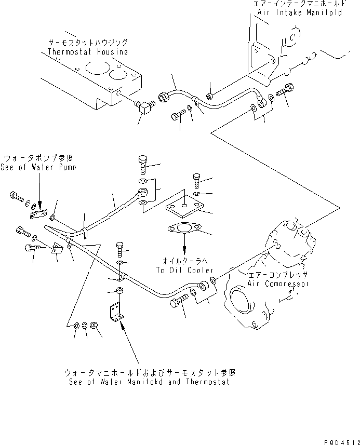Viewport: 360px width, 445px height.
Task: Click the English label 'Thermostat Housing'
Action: pyautogui.click(x=87, y=52)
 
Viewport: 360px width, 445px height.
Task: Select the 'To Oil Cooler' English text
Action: pyautogui.click(x=185, y=271)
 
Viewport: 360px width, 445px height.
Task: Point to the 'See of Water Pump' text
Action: pyautogui.click(x=39, y=167)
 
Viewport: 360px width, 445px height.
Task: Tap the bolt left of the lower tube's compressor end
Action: pyautogui.click(x=177, y=302)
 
